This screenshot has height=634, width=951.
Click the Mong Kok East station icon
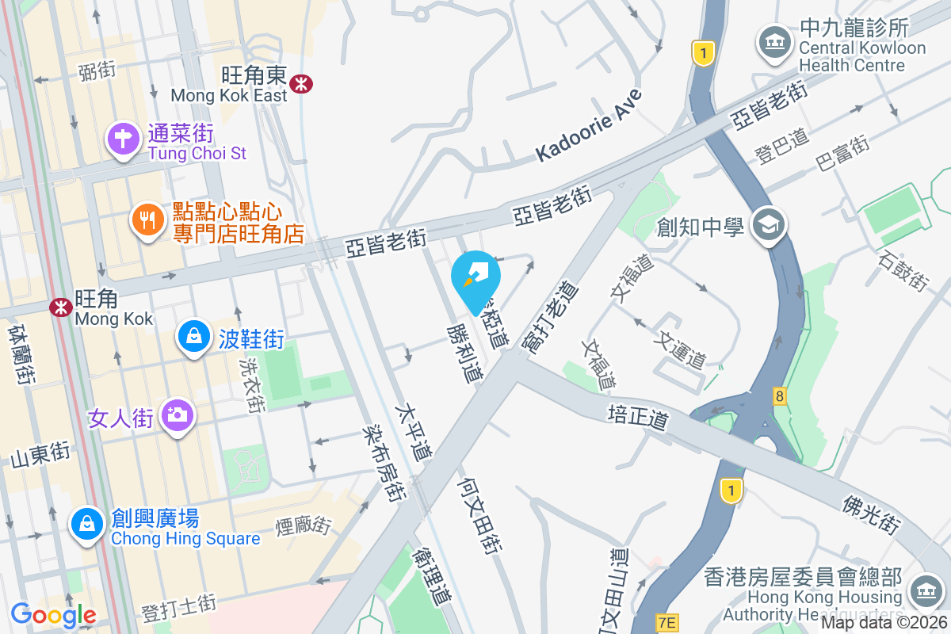click(300, 83)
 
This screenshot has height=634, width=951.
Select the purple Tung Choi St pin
click(123, 139)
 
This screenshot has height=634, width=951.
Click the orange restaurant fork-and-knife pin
click(147, 218)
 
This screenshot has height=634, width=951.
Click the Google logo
click(53, 614)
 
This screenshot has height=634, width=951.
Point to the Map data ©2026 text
click(884, 623)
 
